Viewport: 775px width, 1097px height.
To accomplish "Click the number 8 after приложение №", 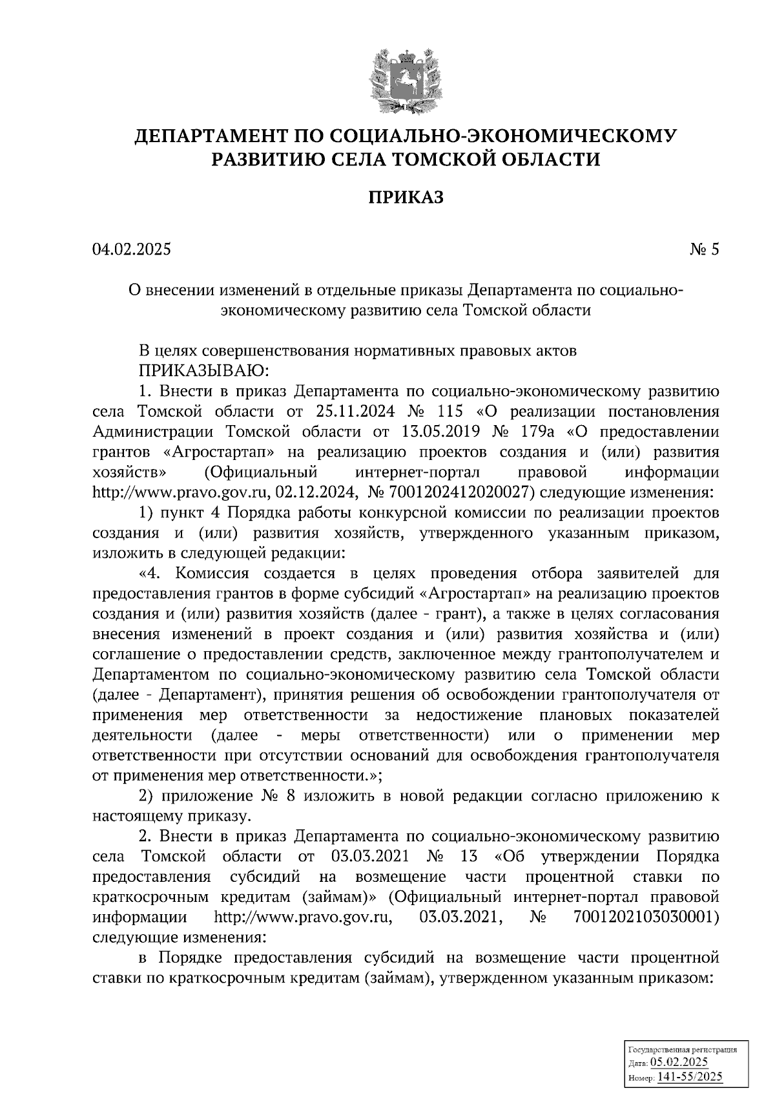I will tap(290, 796).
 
